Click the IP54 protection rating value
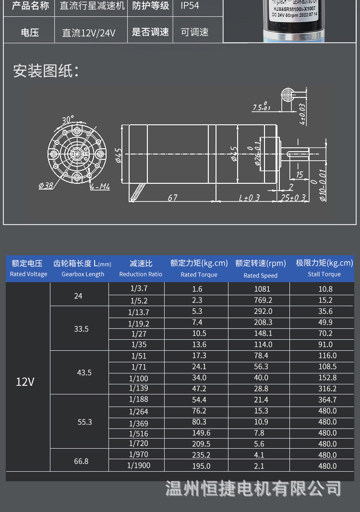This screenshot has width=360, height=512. click(190, 6)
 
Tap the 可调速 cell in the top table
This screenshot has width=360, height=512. click(194, 33)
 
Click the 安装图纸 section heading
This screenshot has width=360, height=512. click(46, 71)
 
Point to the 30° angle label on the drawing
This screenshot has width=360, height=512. click(68, 119)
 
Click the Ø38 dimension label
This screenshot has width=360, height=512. click(46, 186)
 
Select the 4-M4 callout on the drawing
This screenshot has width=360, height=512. click(100, 187)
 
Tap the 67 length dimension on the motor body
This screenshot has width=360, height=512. click(172, 197)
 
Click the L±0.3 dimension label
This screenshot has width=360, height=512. click(249, 198)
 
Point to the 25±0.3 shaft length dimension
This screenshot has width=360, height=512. click(293, 198)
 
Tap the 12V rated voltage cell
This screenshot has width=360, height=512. click(25, 382)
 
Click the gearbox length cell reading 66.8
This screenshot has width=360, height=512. click(81, 461)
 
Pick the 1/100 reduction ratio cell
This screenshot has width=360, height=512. click(139, 378)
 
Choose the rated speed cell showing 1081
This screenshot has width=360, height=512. click(262, 289)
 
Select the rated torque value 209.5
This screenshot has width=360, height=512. click(201, 444)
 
